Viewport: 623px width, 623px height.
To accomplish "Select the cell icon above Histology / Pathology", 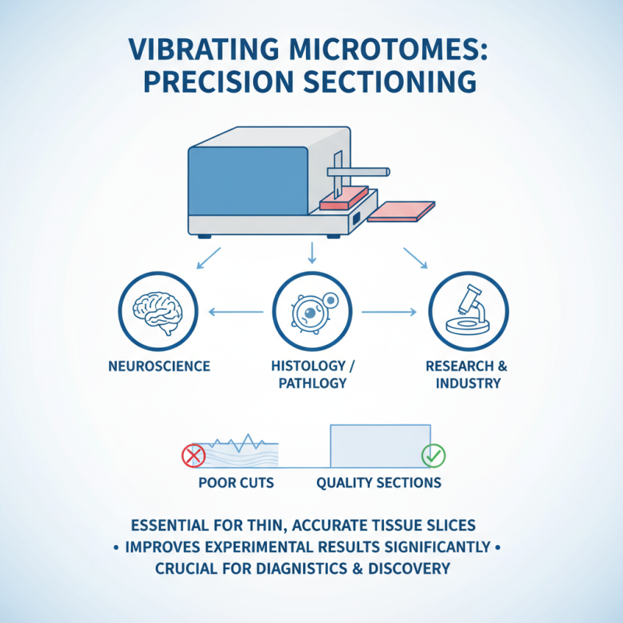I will tap(311, 313).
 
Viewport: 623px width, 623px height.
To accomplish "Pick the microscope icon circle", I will tap(468, 313).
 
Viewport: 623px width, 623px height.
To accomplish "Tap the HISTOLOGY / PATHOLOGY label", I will tap(311, 375).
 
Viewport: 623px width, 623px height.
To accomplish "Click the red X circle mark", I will tap(192, 455).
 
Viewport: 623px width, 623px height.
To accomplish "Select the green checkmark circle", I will tap(431, 455).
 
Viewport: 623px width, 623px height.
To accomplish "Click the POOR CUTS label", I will tap(236, 483).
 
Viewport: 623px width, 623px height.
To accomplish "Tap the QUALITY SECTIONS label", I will tap(378, 483).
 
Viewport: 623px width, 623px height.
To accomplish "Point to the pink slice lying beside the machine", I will tap(401, 210).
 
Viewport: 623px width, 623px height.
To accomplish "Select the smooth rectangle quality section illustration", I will tap(380, 445).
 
